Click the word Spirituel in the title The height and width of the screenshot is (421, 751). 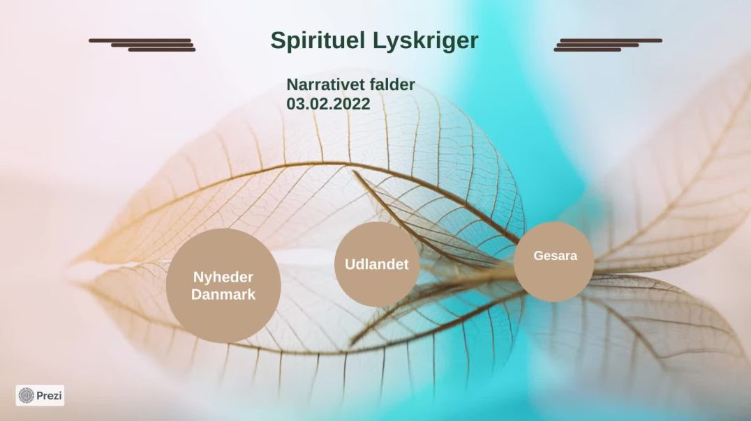coord(318,40)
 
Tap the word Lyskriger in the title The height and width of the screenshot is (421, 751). coord(425,41)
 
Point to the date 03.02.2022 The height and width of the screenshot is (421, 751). coord(328,104)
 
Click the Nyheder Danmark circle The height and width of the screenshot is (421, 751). coord(223,286)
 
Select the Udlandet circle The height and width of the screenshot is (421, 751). coord(377,264)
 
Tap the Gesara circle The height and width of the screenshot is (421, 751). coord(554,261)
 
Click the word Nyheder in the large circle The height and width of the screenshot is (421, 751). coord(223,277)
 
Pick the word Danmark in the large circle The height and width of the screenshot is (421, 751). coord(223,294)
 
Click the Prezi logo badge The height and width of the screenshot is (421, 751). coord(40,396)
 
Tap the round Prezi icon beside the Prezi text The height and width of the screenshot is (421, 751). coord(26,396)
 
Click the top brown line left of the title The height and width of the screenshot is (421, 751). coord(140,40)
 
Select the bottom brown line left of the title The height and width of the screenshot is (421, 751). coord(162,49)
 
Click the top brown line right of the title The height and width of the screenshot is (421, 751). coord(611,40)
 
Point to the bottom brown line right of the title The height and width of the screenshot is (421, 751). coord(588,49)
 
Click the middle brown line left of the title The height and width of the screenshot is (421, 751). coord(152,45)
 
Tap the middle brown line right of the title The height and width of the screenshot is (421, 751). coord(597,45)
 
